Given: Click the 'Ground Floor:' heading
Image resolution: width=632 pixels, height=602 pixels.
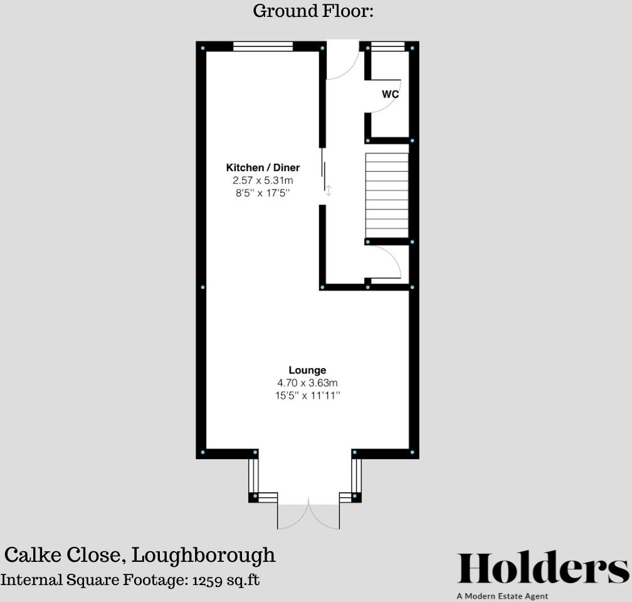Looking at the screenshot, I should (x=313, y=11).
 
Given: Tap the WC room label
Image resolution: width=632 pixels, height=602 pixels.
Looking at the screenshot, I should (x=390, y=95).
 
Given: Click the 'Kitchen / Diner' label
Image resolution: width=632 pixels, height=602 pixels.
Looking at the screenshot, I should (x=263, y=167).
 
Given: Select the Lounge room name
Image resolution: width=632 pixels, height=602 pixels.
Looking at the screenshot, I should (x=307, y=370).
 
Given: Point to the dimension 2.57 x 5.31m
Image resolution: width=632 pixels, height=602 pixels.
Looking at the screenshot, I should (x=263, y=181).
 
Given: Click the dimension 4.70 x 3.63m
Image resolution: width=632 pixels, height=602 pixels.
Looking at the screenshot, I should (x=307, y=383).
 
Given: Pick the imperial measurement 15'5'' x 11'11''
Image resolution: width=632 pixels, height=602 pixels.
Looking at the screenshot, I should (x=307, y=396).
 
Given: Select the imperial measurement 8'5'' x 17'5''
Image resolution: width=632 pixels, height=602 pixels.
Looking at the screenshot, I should (x=263, y=193).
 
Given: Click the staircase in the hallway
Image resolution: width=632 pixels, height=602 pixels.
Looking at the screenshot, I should (x=387, y=195).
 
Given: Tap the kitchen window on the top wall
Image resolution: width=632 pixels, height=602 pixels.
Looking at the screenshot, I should (x=263, y=46).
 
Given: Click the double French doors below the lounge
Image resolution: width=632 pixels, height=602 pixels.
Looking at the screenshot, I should (x=308, y=515).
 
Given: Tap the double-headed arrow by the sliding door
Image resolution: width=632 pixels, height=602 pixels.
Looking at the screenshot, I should (x=328, y=190).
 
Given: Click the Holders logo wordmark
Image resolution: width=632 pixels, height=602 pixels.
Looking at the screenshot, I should (x=543, y=569).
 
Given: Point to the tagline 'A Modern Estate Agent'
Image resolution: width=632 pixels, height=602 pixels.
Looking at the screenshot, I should (x=502, y=596).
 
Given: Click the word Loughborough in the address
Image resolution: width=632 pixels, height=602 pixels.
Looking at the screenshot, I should (x=204, y=555).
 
